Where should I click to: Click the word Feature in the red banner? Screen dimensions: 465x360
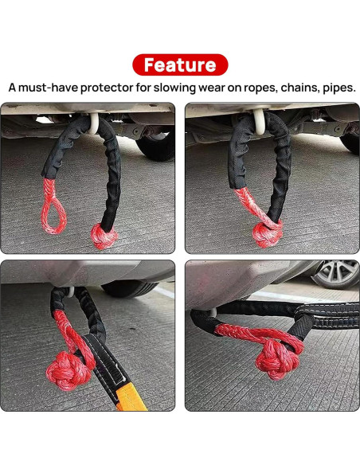click(x=180, y=64)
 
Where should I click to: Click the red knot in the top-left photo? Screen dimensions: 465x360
click(x=103, y=236)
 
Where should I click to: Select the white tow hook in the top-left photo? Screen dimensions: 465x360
click(x=95, y=121)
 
